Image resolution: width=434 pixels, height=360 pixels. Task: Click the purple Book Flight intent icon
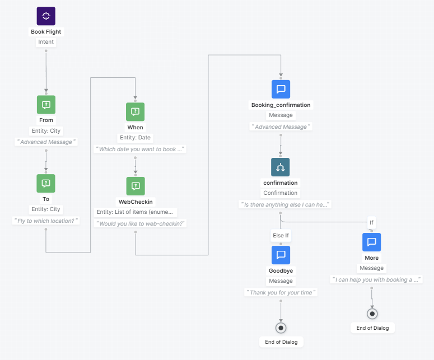click(x=46, y=16)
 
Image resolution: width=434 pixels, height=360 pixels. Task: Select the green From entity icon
click(x=46, y=105)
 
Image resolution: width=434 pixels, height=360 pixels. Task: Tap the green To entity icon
click(x=46, y=183)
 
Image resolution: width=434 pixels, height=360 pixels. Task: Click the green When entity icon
click(x=135, y=112)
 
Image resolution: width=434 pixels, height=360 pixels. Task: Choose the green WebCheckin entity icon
click(x=135, y=186)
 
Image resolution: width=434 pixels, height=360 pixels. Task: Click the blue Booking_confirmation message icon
click(x=281, y=89)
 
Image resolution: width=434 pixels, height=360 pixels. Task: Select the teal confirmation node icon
click(x=281, y=167)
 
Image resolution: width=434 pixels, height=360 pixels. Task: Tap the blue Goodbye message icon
click(x=281, y=255)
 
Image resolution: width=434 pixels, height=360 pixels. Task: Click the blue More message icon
click(x=371, y=242)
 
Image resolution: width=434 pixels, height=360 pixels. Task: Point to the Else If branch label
click(x=281, y=236)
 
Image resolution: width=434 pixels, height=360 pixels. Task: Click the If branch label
click(x=371, y=222)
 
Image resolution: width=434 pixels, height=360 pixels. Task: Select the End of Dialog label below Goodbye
click(x=281, y=342)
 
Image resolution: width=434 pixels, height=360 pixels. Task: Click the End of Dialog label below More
click(x=372, y=328)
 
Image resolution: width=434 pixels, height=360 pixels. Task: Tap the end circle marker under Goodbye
click(x=281, y=327)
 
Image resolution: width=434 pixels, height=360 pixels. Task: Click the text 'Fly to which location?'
click(x=46, y=221)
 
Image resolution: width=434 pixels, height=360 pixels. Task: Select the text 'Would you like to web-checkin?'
click(x=141, y=223)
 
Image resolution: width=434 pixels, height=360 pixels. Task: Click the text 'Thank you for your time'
click(x=281, y=292)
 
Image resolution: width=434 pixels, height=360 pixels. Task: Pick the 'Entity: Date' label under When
click(x=135, y=138)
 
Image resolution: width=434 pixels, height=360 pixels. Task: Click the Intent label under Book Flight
click(x=46, y=42)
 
